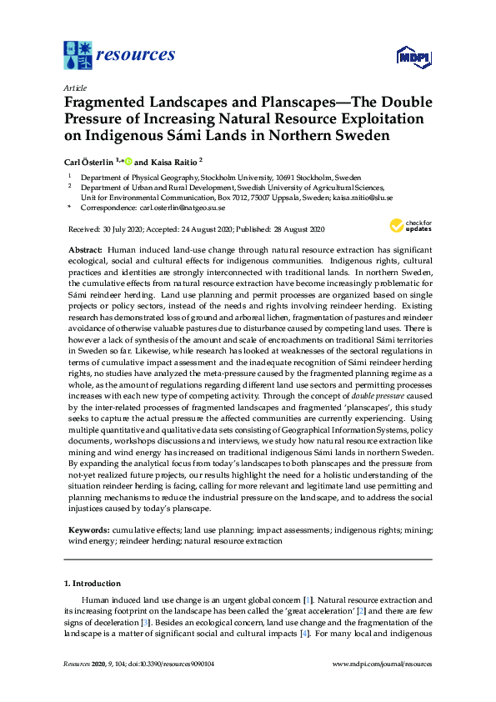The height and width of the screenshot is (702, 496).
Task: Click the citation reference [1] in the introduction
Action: (x=308, y=599)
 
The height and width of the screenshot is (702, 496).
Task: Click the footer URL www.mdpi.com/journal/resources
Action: (x=382, y=664)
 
